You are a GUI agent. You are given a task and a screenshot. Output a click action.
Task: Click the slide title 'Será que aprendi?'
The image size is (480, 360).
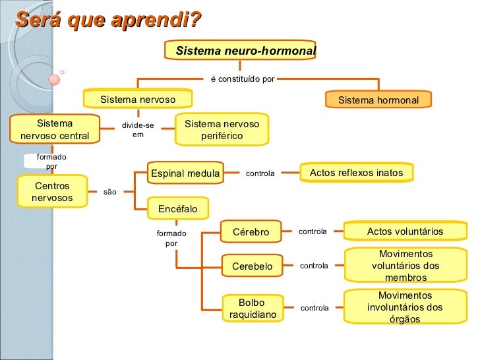click(108, 20)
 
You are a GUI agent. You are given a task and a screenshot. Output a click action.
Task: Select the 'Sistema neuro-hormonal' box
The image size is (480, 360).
click(245, 51)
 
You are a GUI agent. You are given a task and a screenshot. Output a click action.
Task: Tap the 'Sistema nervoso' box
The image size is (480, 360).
click(138, 100)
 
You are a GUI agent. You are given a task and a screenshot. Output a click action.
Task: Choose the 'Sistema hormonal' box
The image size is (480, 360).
click(378, 100)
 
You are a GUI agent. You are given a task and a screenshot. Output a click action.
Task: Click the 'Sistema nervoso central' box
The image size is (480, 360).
click(55, 130)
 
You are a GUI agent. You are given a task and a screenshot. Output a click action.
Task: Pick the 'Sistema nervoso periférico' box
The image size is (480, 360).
click(222, 130)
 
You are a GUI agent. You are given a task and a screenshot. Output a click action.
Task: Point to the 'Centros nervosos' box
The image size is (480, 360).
click(52, 192)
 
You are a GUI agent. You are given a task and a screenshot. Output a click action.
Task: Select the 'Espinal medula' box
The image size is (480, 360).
click(185, 173)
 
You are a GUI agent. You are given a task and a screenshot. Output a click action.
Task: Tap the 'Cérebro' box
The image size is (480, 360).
click(251, 232)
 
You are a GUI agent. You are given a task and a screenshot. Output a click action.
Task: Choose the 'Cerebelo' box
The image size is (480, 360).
click(252, 266)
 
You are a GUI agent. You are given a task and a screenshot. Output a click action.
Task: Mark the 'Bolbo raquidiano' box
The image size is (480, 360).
click(252, 309)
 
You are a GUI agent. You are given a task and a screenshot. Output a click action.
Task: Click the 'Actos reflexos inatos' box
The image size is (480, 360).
click(356, 173)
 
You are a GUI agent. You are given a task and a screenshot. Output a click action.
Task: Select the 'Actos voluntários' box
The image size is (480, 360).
click(405, 231)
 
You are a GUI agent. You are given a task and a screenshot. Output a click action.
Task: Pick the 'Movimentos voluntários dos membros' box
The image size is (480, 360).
click(405, 266)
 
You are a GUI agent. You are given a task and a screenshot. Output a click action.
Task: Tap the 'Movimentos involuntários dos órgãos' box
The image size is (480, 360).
click(405, 307)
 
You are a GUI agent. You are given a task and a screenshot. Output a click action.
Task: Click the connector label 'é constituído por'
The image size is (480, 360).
click(243, 79)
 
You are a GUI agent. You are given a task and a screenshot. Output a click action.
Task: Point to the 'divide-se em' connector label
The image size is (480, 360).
click(138, 130)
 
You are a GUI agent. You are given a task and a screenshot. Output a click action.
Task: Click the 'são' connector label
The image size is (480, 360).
click(110, 193)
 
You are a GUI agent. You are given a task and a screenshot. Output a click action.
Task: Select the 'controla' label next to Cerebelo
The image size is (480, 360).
click(314, 266)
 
